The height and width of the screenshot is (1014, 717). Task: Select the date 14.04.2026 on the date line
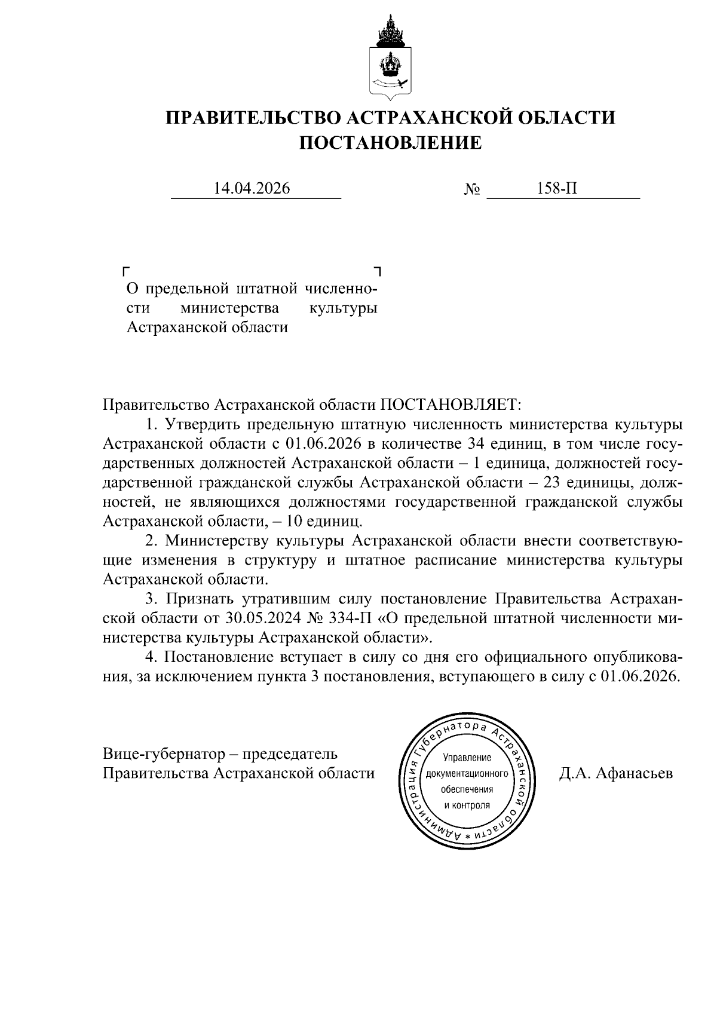[x=252, y=189]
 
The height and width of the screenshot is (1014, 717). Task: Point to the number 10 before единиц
[x=294, y=521]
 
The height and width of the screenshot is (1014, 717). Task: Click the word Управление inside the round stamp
[x=467, y=758]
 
